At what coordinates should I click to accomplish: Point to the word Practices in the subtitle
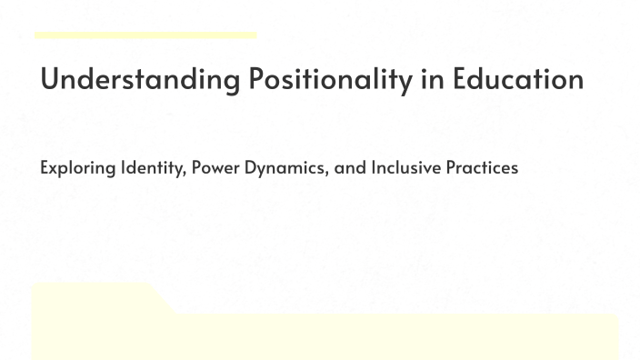481,168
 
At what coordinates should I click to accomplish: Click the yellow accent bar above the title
145,35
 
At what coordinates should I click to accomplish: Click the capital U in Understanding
50,79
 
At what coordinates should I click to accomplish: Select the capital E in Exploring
44,168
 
